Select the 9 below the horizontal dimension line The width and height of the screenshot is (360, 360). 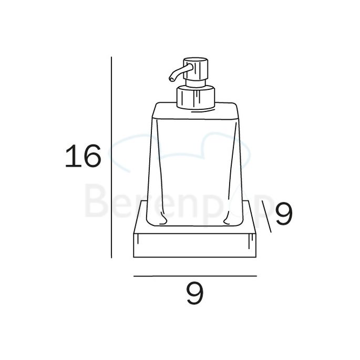[194, 294]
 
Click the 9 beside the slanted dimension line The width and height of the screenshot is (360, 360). [283, 215]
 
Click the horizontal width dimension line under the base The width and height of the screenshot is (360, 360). [194, 275]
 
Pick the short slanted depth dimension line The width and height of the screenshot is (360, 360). [265, 218]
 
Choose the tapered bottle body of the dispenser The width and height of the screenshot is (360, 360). [194, 168]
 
